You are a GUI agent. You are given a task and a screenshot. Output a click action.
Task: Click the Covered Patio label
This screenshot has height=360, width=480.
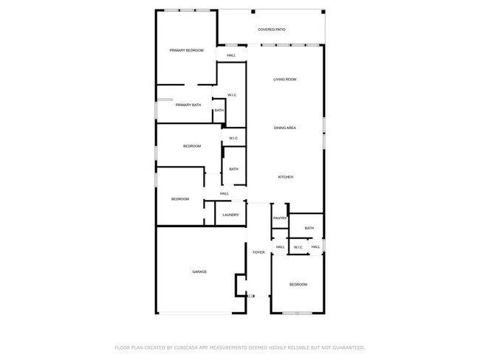(x=271, y=30)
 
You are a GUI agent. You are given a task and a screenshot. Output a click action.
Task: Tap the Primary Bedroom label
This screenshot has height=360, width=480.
(x=186, y=50)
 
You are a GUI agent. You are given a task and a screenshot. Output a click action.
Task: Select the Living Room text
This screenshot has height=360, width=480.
(x=284, y=79)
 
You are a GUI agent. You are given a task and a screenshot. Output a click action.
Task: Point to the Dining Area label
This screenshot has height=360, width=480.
(x=285, y=128)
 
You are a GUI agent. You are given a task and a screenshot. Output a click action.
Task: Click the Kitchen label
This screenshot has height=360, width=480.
(x=286, y=177)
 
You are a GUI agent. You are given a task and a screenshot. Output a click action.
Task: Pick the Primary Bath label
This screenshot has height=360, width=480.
(x=188, y=105)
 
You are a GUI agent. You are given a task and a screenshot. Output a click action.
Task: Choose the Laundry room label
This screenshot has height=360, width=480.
(x=230, y=215)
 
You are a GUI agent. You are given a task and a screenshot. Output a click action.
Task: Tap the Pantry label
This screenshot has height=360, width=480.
(x=279, y=218)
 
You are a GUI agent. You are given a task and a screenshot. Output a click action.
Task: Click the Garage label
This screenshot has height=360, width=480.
(x=199, y=271)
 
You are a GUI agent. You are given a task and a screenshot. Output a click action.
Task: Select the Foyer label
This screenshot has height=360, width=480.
(x=258, y=252)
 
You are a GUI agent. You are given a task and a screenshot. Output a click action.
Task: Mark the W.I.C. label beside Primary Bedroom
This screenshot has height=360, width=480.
(x=232, y=95)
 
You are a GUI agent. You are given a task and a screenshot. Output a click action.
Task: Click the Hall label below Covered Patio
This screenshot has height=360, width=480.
(x=231, y=55)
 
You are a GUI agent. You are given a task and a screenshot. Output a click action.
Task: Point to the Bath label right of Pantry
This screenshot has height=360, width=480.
(x=309, y=228)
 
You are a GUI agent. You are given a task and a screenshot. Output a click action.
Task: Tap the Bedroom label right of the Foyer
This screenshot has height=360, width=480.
(x=298, y=285)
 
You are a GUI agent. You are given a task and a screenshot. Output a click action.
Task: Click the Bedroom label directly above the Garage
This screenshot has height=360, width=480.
(x=180, y=199)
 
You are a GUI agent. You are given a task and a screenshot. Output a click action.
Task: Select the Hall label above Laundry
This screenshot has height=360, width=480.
(x=224, y=194)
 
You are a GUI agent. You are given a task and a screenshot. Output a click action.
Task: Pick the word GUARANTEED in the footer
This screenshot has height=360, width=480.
(x=348, y=347)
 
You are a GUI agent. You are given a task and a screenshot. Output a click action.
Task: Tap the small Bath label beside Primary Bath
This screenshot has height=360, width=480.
(x=219, y=111)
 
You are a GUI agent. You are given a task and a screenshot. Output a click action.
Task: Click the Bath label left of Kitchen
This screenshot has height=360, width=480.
(x=233, y=169)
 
